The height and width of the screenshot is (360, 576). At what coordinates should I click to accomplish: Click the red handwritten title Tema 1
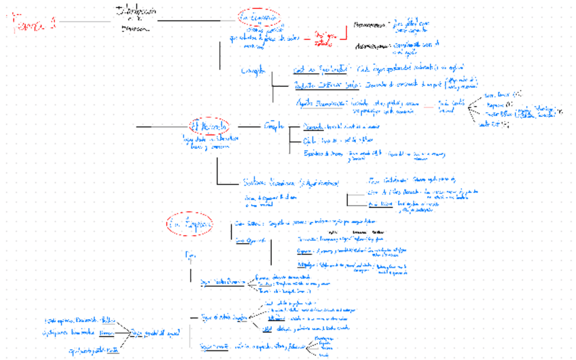(x=34, y=24)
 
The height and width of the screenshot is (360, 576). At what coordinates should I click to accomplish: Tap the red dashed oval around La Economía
(x=258, y=17)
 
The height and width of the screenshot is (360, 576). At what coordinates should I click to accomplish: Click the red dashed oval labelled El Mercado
(x=209, y=126)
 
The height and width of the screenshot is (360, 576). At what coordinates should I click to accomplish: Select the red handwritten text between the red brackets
(x=325, y=39)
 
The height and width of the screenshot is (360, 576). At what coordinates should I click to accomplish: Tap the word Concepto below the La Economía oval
(x=253, y=71)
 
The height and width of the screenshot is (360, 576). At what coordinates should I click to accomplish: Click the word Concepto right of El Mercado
(x=274, y=126)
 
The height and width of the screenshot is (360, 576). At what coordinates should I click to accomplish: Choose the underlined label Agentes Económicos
(x=321, y=102)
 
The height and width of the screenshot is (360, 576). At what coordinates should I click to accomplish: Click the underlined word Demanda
(x=313, y=127)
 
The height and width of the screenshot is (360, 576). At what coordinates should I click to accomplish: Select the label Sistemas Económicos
(x=268, y=182)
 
